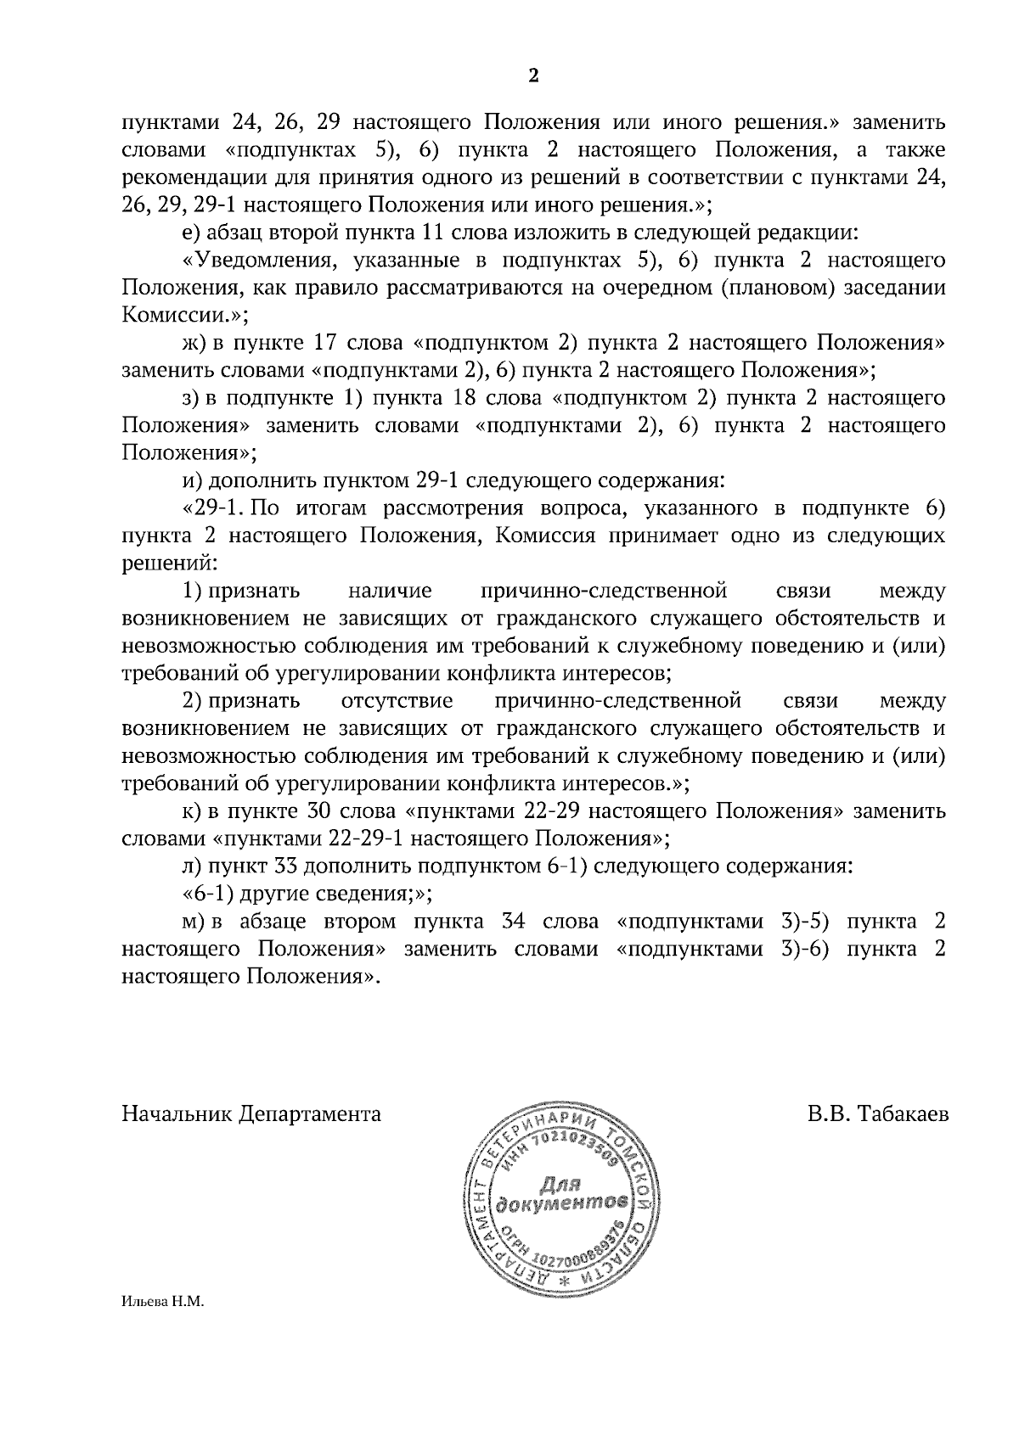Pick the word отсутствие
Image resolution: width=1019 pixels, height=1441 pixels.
[x=397, y=701]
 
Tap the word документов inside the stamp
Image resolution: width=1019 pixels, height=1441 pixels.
[x=564, y=1204]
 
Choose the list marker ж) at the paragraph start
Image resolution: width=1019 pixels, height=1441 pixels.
[x=189, y=343]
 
